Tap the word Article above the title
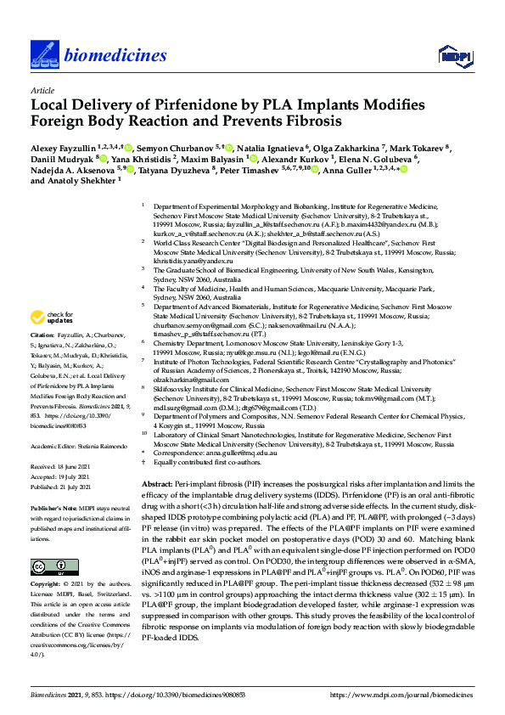tap(42, 89)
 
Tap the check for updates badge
tap(51, 318)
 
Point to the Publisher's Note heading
tap(55, 504)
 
